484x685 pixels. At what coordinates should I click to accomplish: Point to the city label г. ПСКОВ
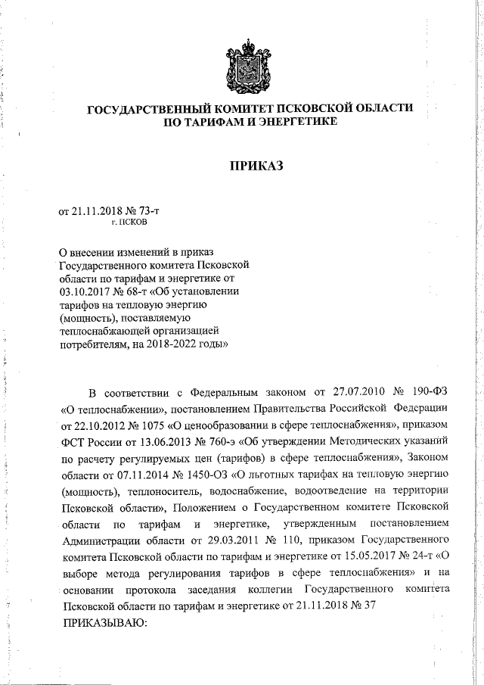pos(130,224)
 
